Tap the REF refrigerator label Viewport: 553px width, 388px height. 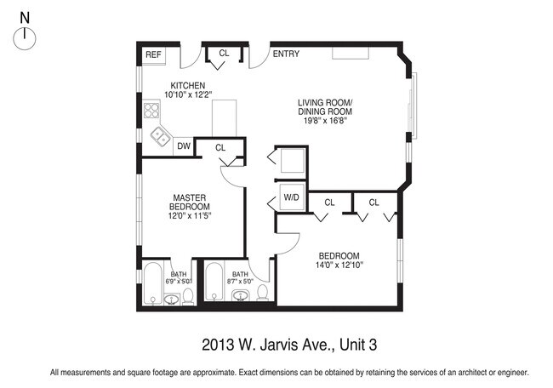tap(153, 54)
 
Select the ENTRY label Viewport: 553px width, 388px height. tap(286, 54)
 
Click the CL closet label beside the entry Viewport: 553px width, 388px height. tap(224, 53)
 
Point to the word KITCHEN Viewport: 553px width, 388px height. tap(188, 85)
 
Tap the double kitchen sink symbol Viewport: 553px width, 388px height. tap(159, 134)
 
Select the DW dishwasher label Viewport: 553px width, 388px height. tap(183, 146)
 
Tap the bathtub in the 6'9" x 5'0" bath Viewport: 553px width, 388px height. tap(153, 286)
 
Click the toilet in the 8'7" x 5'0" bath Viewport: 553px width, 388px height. tap(263, 294)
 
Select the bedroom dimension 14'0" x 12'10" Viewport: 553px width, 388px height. tap(339, 265)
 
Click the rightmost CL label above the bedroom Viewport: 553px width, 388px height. tap(373, 203)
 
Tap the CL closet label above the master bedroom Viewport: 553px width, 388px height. tap(220, 147)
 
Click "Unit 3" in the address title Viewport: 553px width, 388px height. tap(358, 345)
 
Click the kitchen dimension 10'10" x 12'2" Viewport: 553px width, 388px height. tap(188, 95)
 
